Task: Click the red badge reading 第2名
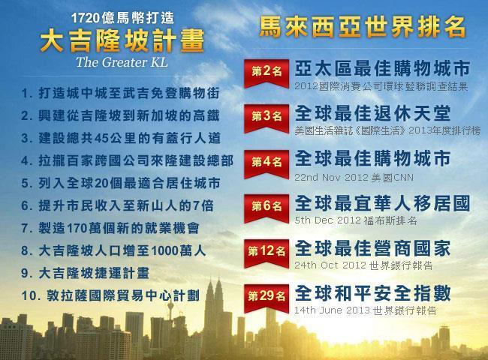[267, 70]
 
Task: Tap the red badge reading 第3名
[267, 116]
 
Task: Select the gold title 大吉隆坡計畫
[111, 40]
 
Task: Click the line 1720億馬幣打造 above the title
[110, 16]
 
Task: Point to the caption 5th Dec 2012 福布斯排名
[345, 221]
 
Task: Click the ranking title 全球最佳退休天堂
[372, 113]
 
